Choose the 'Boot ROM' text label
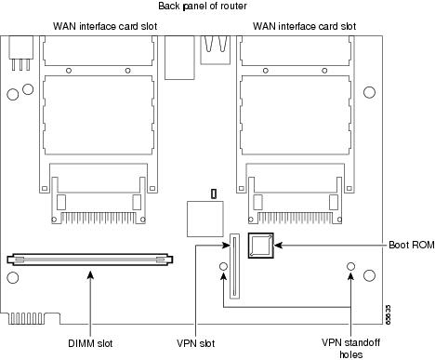click(406, 245)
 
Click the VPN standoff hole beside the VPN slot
click(223, 268)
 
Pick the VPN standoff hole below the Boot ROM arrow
click(350, 268)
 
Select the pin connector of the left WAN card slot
click(99, 202)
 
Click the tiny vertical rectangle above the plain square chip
click(213, 193)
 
